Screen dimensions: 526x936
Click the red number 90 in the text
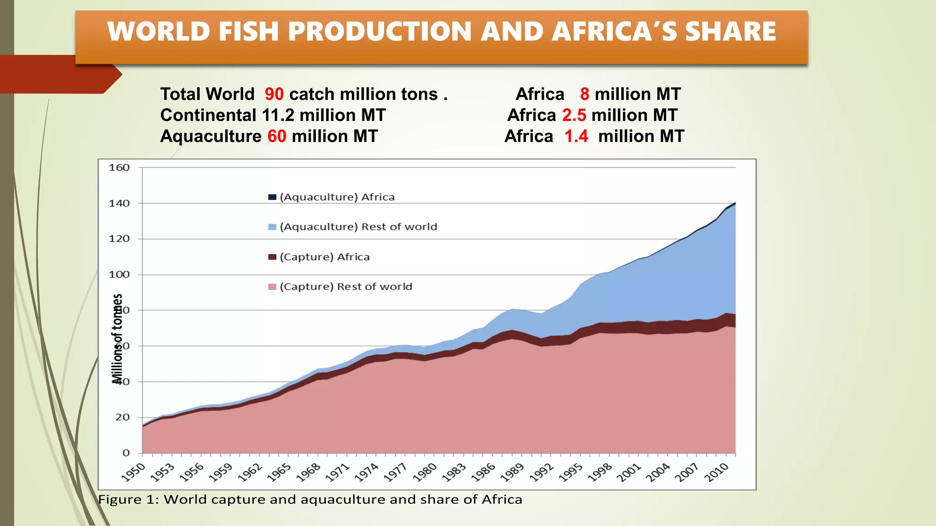click(274, 95)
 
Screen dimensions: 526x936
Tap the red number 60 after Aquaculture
click(277, 137)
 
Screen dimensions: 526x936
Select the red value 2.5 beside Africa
click(574, 116)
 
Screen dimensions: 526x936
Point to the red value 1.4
click(576, 137)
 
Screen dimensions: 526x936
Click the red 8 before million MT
click(585, 95)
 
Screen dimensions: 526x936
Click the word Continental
click(208, 116)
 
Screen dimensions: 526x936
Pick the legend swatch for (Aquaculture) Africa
click(272, 197)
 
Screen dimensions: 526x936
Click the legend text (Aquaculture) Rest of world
click(358, 227)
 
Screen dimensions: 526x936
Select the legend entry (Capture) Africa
click(324, 257)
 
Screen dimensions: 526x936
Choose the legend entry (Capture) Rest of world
click(346, 287)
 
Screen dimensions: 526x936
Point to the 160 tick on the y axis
click(119, 168)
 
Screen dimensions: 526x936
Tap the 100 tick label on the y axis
click(119, 274)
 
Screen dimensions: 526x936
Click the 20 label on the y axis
click(122, 417)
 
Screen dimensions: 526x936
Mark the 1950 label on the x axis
click(133, 472)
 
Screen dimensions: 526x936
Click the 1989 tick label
click(512, 472)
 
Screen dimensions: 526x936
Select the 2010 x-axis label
click(716, 472)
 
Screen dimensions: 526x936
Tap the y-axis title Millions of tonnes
click(117, 338)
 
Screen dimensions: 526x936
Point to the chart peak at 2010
click(734, 203)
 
